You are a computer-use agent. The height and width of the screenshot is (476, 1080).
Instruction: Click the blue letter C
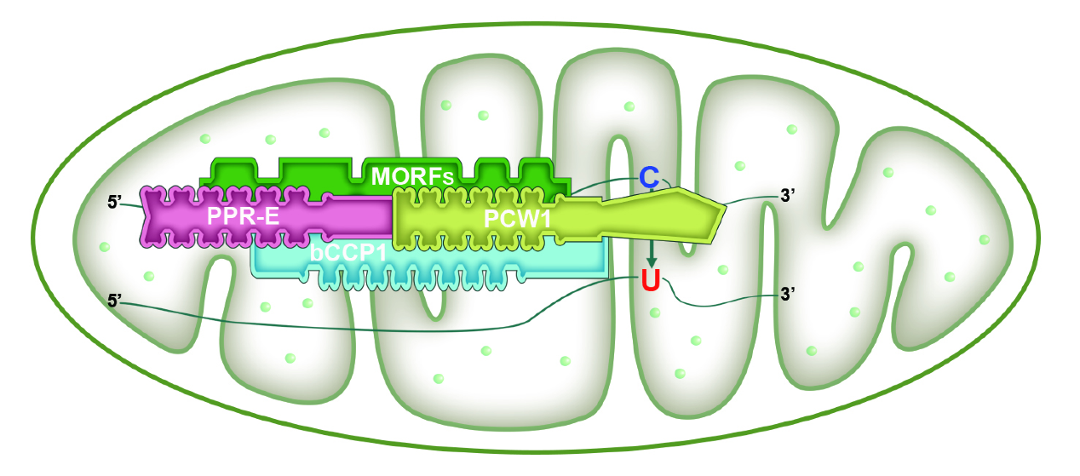pyautogui.click(x=650, y=178)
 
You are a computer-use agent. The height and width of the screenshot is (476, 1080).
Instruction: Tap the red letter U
pyautogui.click(x=651, y=282)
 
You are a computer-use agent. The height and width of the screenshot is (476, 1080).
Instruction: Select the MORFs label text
pyautogui.click(x=411, y=176)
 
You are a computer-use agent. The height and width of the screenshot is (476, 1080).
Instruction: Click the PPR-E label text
pyautogui.click(x=243, y=217)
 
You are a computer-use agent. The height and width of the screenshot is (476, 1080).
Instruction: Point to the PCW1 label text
pyautogui.click(x=518, y=219)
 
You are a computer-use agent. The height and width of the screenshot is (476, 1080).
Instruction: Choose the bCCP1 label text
pyautogui.click(x=348, y=255)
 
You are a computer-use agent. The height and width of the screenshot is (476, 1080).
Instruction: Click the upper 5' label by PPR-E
pyautogui.click(x=115, y=203)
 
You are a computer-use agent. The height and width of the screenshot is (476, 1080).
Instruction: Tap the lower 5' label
pyautogui.click(x=115, y=300)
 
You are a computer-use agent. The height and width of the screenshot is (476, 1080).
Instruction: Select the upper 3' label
pyautogui.click(x=788, y=194)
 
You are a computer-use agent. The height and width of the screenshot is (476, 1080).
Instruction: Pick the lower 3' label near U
pyautogui.click(x=788, y=294)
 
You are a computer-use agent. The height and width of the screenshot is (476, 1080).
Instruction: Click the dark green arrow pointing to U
pyautogui.click(x=652, y=253)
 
